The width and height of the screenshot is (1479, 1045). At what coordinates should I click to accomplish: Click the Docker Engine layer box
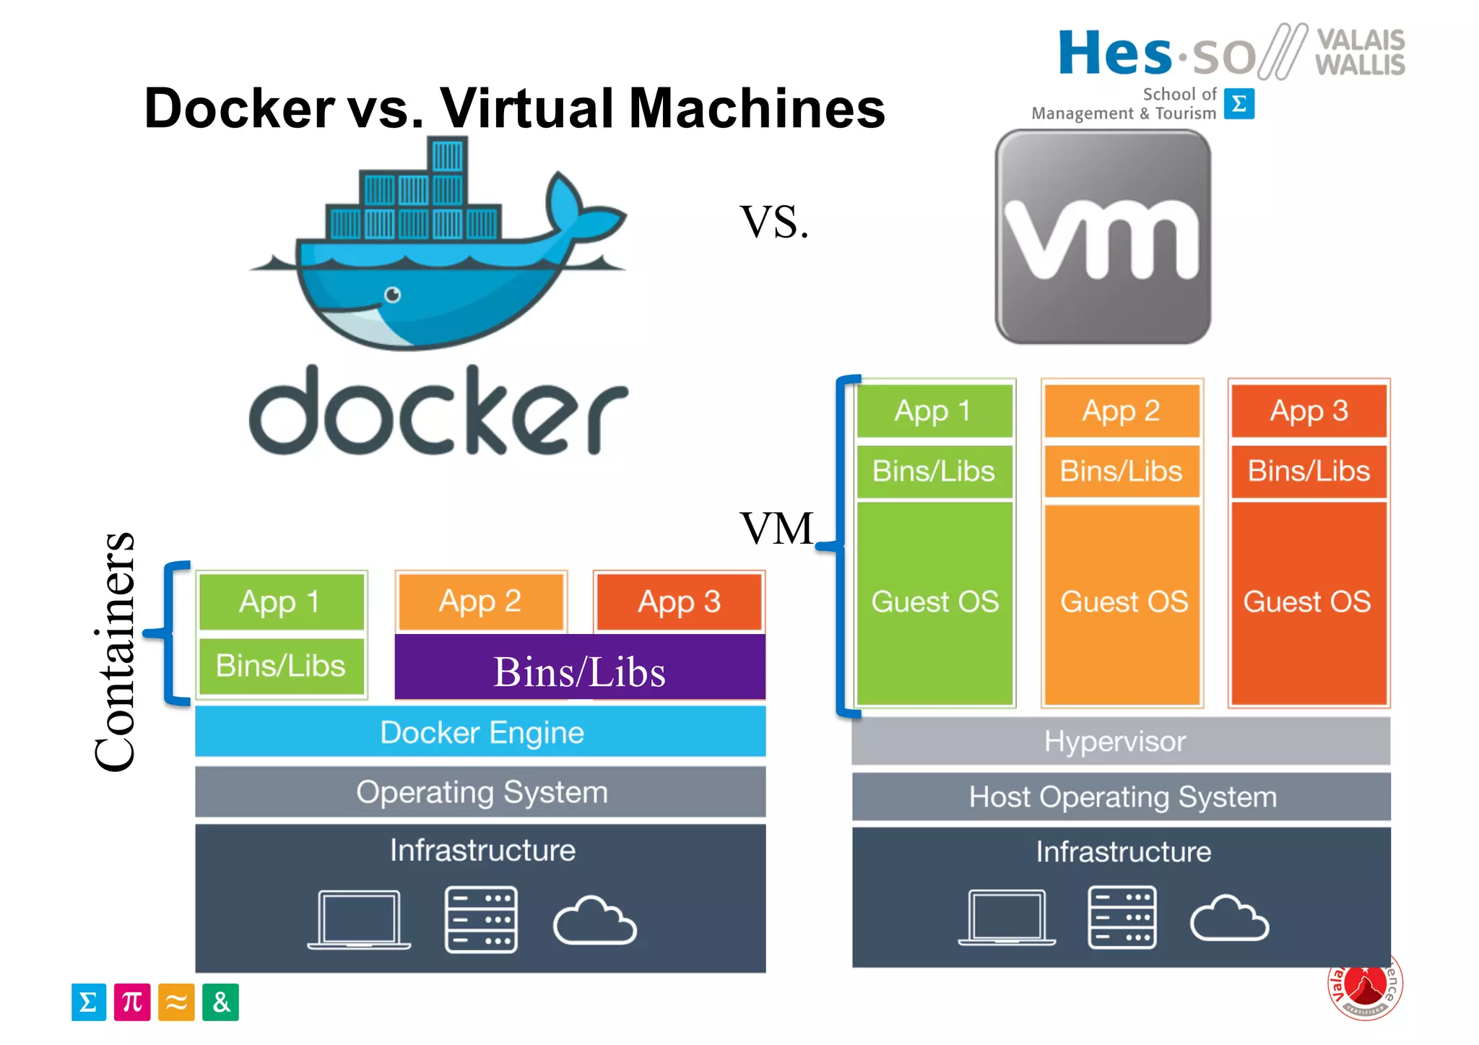pos(480,732)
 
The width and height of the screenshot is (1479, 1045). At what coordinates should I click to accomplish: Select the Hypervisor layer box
pos(1120,741)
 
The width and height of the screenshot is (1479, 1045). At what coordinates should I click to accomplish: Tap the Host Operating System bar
pos(1121,797)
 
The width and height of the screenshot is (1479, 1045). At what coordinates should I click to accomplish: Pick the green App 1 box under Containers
pos(282,602)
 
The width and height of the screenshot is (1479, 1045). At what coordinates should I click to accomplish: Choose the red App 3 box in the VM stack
pos(1309,410)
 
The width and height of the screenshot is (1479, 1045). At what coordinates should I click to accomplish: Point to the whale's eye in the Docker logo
pos(392,295)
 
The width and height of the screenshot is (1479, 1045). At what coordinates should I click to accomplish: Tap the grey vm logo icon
pos(1102,237)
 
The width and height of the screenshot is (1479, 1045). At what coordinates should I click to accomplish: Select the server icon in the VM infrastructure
pos(1122,917)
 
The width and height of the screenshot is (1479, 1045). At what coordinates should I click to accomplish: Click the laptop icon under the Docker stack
pos(359,919)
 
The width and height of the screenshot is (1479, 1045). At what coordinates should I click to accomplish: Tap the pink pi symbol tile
pos(132,1002)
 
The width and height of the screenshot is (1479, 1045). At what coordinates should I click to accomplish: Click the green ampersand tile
pos(220,1002)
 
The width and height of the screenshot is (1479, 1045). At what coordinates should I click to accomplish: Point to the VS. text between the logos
pos(773,222)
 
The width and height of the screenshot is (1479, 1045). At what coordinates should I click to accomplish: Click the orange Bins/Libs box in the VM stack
pos(1121,471)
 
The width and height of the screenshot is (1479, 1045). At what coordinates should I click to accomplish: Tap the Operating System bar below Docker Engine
pos(480,792)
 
